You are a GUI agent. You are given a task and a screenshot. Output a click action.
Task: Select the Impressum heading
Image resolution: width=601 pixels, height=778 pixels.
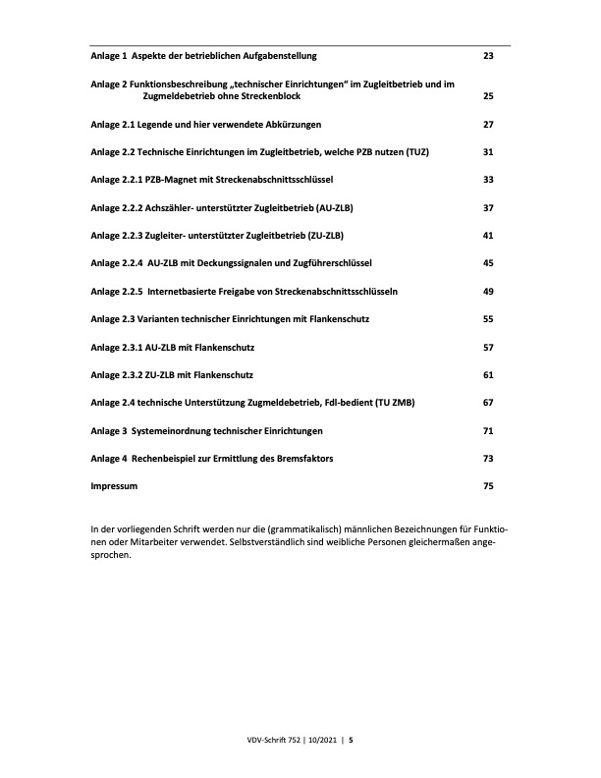[x=114, y=486]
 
